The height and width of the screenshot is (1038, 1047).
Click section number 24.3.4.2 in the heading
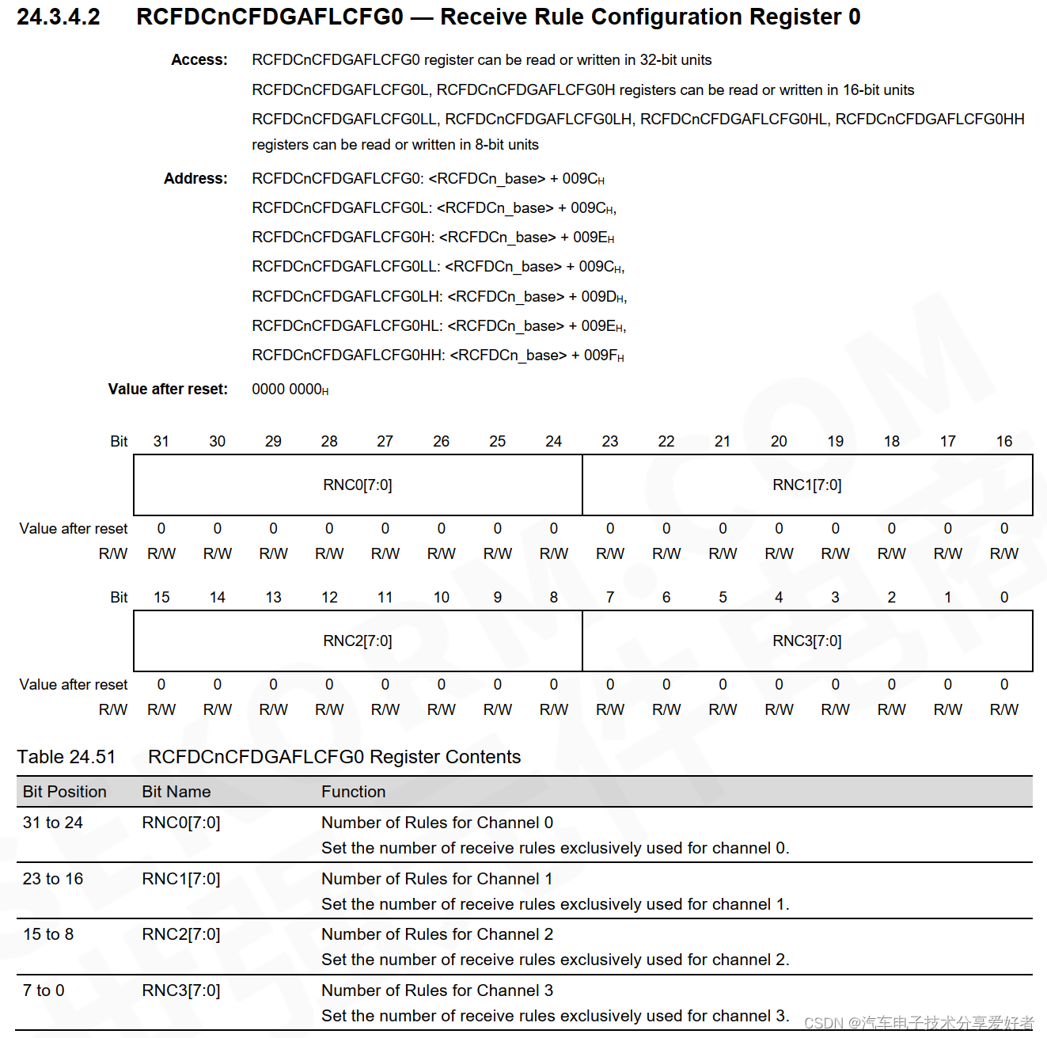(59, 17)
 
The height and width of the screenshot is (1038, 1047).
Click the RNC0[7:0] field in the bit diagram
(358, 485)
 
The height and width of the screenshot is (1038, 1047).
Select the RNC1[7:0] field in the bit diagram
(807, 485)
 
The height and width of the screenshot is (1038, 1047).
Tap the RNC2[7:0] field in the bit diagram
(358, 641)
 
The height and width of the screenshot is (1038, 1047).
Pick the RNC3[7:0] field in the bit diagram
(807, 641)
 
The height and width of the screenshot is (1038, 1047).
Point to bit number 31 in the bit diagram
(161, 441)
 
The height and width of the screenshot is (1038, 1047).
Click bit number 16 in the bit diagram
(1004, 441)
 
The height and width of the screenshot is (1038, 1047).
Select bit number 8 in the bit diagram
(554, 597)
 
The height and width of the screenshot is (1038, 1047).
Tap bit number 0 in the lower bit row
(1004, 597)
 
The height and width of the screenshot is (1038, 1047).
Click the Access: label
(199, 60)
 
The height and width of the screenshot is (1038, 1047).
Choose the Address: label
(195, 179)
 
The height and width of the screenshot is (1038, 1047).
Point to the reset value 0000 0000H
(290, 390)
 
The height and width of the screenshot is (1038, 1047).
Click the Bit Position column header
(65, 792)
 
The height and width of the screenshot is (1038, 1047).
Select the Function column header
(354, 792)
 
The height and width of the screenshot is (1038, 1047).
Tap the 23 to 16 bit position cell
(53, 879)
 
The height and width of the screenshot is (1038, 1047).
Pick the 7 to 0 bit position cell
(44, 990)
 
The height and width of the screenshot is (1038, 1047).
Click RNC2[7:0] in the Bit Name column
(181, 934)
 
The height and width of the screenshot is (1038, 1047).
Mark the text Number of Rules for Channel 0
(437, 823)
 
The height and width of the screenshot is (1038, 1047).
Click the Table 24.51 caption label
(66, 757)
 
